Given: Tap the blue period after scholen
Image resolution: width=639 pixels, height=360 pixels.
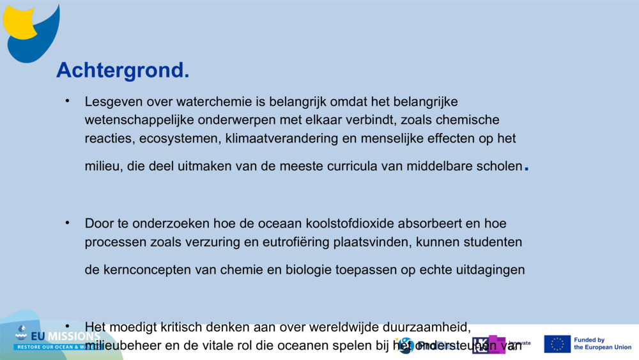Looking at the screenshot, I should point(526,169).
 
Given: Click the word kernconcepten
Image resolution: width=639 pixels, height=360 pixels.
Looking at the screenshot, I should point(142,270).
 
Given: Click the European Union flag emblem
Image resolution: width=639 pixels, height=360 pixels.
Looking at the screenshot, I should point(557,344).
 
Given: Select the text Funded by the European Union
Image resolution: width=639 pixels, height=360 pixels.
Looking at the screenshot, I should point(602,344).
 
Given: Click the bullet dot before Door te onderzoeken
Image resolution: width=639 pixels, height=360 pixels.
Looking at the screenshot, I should point(66,223).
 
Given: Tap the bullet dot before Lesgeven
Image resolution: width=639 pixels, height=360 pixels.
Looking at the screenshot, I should point(66,101).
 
